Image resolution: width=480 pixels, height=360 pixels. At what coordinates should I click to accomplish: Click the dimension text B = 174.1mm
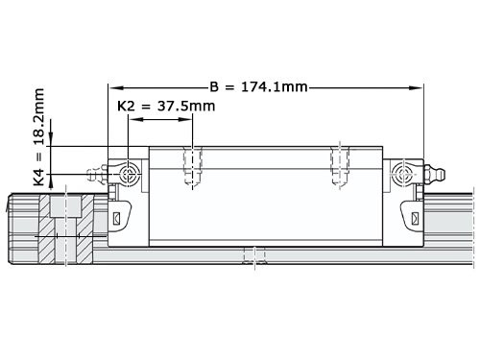(x=258, y=86)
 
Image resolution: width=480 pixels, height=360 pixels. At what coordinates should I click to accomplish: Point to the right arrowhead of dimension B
(x=418, y=87)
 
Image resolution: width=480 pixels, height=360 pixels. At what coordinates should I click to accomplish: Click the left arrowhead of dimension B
(x=114, y=87)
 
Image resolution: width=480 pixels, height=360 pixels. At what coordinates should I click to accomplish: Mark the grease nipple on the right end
(x=432, y=173)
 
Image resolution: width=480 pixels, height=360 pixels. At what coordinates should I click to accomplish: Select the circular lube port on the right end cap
(x=402, y=173)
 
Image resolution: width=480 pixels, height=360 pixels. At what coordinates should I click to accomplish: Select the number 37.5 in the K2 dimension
(x=180, y=106)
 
